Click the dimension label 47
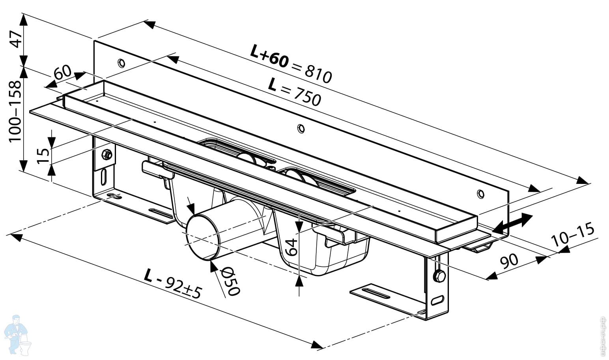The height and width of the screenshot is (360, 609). pos(16,39)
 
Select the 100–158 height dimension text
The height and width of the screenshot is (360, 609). pos(15,112)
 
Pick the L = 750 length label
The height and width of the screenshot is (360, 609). pos(294,92)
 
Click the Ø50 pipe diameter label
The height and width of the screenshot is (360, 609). pos(230,281)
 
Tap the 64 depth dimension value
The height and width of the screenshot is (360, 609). pos(291,247)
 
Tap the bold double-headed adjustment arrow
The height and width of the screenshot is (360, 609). pos(513,224)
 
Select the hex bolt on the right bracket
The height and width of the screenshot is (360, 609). pos(439,276)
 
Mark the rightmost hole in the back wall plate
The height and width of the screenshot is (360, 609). pos(480,193)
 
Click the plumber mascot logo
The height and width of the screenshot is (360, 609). pos(17,335)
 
